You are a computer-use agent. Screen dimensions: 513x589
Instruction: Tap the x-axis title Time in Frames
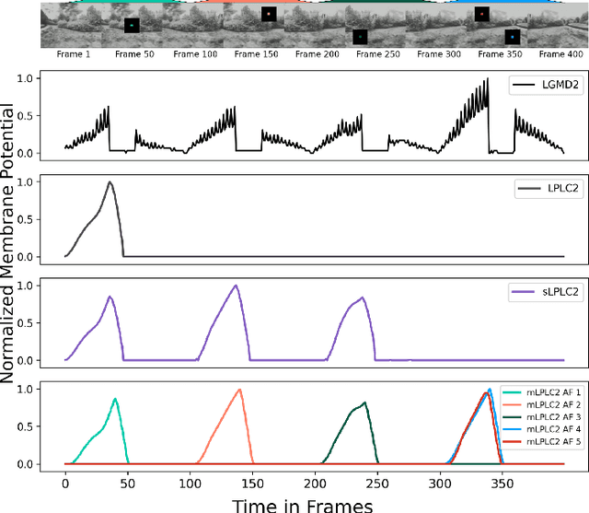click(302, 503)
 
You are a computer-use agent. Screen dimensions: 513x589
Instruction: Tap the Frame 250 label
click(375, 55)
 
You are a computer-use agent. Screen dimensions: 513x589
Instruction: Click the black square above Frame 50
click(133, 26)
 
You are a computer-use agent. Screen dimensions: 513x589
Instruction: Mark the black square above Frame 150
click(269, 15)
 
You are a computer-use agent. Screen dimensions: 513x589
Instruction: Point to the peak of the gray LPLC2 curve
click(110, 181)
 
